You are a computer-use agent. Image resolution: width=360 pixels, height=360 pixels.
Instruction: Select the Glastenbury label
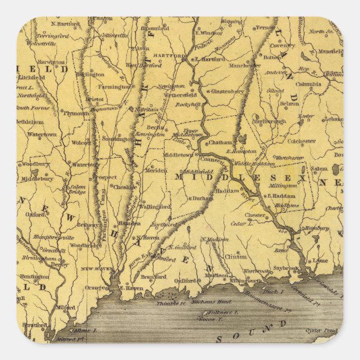point(229,91)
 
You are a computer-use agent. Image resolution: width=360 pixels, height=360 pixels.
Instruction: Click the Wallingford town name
point(155,206)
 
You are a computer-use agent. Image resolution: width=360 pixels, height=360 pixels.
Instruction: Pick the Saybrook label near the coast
point(287,268)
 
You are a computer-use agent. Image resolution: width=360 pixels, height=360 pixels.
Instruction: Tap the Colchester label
point(301,142)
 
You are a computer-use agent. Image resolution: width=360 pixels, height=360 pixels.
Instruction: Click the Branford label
point(153,277)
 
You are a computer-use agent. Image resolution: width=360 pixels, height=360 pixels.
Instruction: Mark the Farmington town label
point(114,87)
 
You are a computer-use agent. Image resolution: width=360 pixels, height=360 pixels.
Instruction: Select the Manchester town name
point(244,65)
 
